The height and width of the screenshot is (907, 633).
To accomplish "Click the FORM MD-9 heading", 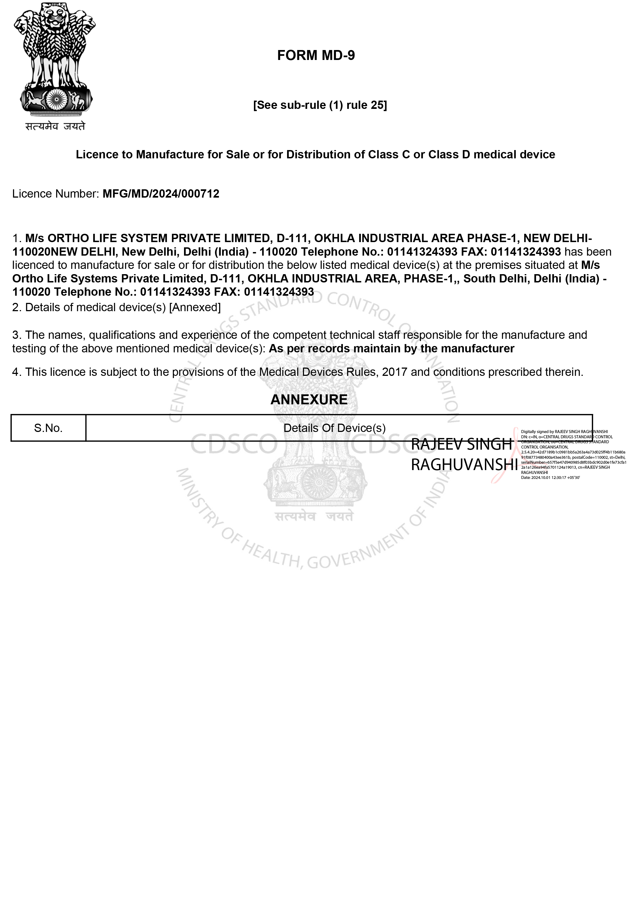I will [x=316, y=55].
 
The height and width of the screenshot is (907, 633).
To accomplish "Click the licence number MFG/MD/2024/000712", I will [x=161, y=194].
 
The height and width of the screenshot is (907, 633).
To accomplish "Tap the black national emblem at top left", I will [x=55, y=59].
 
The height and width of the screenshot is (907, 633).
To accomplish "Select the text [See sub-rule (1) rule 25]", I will [x=320, y=105].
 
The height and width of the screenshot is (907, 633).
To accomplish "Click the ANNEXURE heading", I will [x=309, y=400].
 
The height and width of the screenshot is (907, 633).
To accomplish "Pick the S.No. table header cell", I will [x=48, y=428].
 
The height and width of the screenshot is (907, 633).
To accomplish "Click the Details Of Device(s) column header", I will [x=334, y=428].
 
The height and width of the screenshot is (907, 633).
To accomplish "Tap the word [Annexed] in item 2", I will [x=195, y=307].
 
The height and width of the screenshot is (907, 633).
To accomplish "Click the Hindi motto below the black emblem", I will [x=55, y=126].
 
